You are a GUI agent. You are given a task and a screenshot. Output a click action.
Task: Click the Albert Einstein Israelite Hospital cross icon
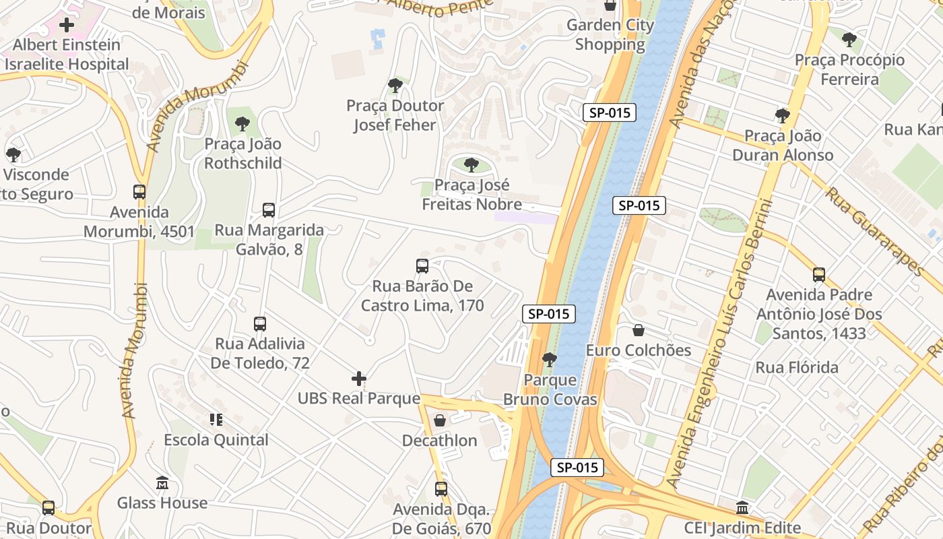click(x=67, y=26)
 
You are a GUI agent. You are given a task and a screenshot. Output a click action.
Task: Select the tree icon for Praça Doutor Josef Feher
click(x=395, y=86)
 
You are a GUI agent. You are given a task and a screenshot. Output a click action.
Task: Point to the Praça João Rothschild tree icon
click(x=242, y=124)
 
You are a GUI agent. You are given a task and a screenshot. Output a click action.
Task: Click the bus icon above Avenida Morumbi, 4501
click(x=139, y=192)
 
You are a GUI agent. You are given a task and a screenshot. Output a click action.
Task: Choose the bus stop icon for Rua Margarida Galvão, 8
click(x=269, y=210)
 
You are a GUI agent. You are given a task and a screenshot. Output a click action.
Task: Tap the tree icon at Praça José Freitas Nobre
click(x=471, y=165)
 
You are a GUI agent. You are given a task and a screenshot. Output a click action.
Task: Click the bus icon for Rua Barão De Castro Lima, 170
click(x=422, y=266)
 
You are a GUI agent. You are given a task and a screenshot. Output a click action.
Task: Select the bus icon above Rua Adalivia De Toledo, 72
click(x=260, y=324)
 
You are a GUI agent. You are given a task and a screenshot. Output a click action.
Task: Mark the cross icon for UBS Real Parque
click(x=359, y=379)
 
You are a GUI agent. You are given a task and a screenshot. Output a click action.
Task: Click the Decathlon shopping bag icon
click(x=440, y=420)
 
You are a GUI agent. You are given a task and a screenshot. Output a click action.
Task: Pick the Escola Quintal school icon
click(x=216, y=420)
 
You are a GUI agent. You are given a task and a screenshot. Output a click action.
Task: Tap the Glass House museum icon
click(x=162, y=483)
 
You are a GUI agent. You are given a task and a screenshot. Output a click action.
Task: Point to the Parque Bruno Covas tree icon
click(x=550, y=360)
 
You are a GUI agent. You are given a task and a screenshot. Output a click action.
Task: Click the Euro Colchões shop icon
click(x=639, y=330)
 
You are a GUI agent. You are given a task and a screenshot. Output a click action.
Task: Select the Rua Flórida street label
click(x=797, y=368)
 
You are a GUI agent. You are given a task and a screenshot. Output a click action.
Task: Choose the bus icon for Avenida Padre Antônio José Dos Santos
click(x=819, y=275)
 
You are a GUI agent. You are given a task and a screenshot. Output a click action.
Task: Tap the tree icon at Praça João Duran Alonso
click(x=782, y=116)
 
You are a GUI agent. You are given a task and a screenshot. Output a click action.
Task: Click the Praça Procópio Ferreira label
click(x=849, y=69)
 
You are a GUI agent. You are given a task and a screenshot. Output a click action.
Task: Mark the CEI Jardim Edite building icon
click(x=742, y=508)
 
